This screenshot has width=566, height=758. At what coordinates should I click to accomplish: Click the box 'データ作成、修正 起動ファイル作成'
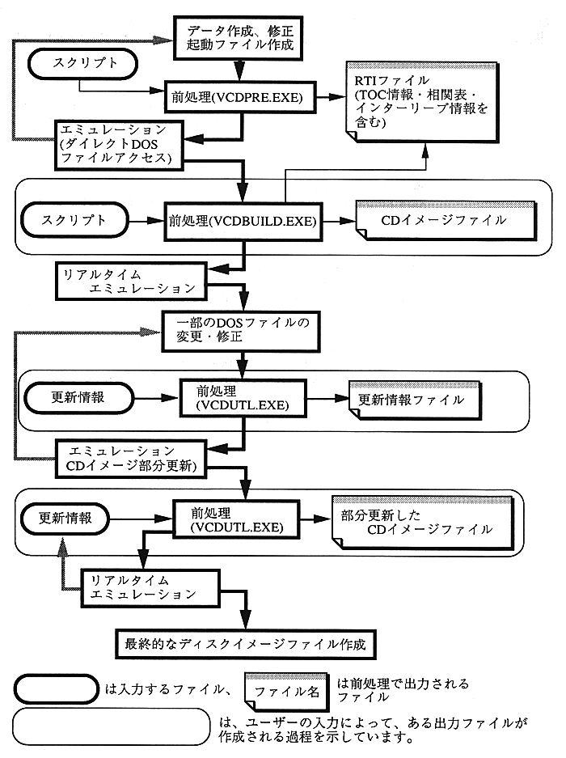pyautogui.click(x=239, y=37)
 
